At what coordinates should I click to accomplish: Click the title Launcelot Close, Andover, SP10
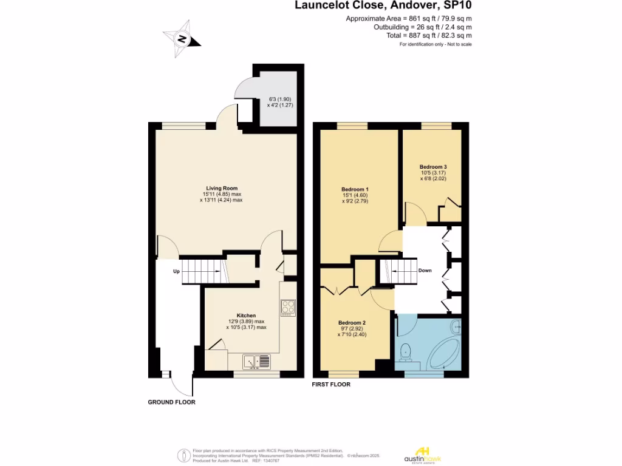click(x=383, y=6)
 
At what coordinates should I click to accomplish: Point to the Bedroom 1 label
click(x=355, y=189)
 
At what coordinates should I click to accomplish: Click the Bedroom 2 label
click(x=352, y=322)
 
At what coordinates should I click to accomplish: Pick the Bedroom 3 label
click(x=433, y=167)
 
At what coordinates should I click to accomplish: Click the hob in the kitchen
click(x=287, y=308)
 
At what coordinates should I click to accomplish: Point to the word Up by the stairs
click(x=176, y=271)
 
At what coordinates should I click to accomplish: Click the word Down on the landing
click(x=425, y=270)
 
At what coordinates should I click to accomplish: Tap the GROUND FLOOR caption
click(x=172, y=402)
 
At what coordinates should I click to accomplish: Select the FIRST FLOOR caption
click(x=331, y=385)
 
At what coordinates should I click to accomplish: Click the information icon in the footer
click(x=183, y=455)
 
